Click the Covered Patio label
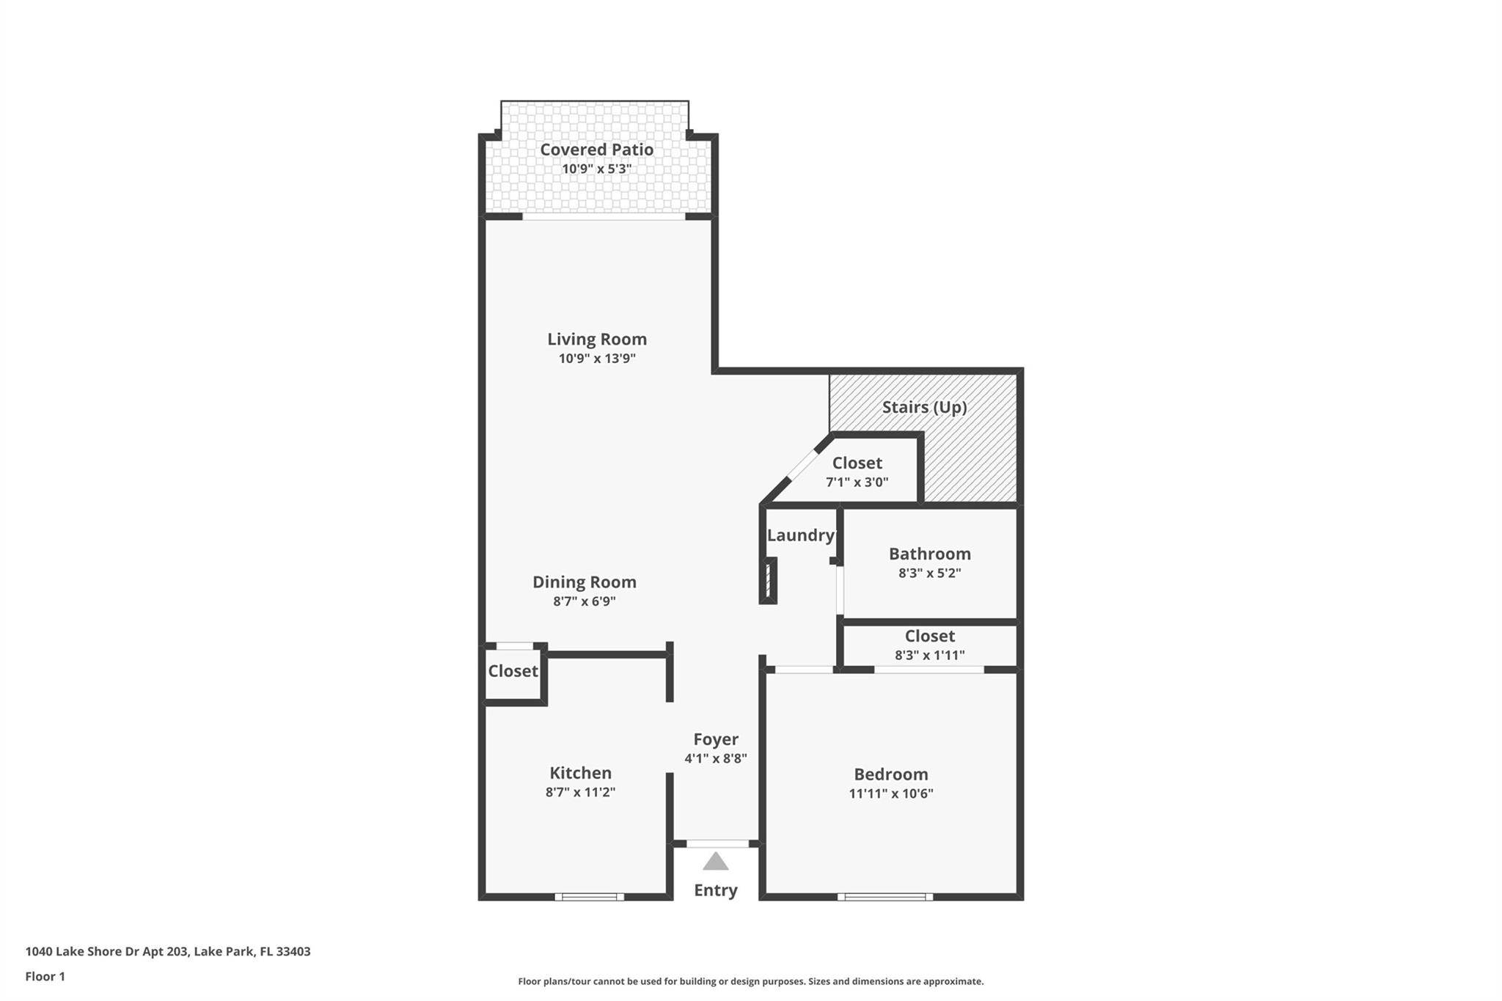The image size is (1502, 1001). (x=596, y=150)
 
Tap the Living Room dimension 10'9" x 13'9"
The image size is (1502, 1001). (x=596, y=359)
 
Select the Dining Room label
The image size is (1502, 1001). (x=584, y=582)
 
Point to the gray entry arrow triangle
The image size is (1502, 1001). (x=715, y=862)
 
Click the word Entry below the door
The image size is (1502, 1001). (x=715, y=890)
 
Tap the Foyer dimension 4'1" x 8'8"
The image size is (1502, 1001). (x=715, y=759)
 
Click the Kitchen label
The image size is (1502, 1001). (x=580, y=773)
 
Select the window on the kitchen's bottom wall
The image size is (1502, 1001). (x=589, y=896)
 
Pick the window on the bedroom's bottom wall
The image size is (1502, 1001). (x=884, y=896)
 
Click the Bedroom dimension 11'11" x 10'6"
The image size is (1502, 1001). (x=890, y=793)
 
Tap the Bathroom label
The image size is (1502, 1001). (x=929, y=554)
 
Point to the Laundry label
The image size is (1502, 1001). (x=800, y=535)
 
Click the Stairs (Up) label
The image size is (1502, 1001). (x=924, y=407)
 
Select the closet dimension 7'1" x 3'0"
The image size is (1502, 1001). (x=857, y=483)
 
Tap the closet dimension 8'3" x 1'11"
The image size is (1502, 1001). (x=929, y=656)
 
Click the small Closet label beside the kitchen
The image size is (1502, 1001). (x=513, y=671)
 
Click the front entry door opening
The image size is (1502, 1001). (x=717, y=843)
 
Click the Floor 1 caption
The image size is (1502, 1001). (x=45, y=977)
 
